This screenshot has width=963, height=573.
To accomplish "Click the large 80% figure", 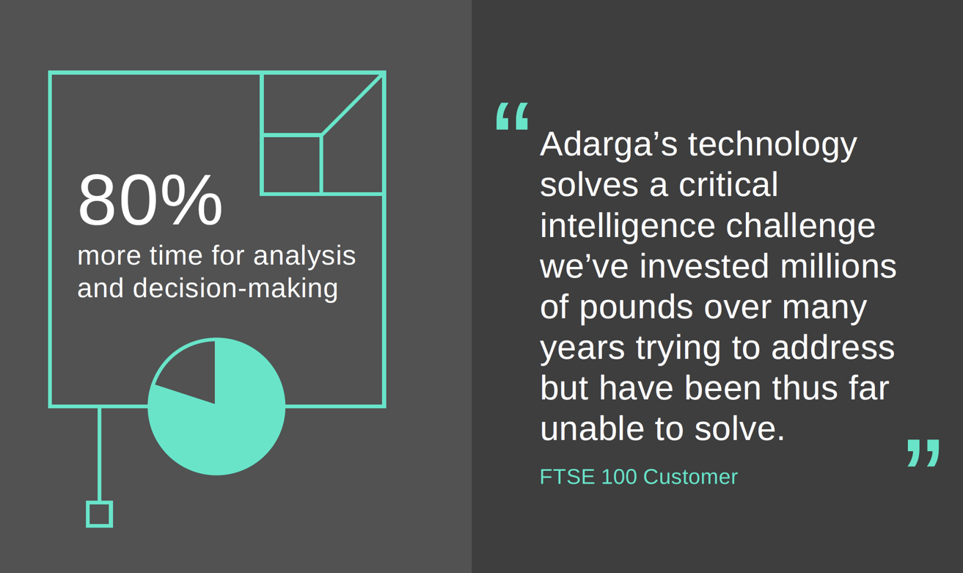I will (x=150, y=200).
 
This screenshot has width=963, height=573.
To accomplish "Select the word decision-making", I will (x=235, y=288).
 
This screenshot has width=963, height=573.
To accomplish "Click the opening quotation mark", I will (x=512, y=116).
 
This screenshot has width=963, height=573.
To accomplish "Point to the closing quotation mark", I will (x=923, y=453).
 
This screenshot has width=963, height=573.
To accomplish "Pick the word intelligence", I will (x=626, y=226).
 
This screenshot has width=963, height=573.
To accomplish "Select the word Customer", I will (x=690, y=477).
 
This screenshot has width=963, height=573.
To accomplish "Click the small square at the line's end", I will (x=99, y=514).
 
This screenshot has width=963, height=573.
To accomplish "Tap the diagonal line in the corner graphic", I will (x=353, y=104).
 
